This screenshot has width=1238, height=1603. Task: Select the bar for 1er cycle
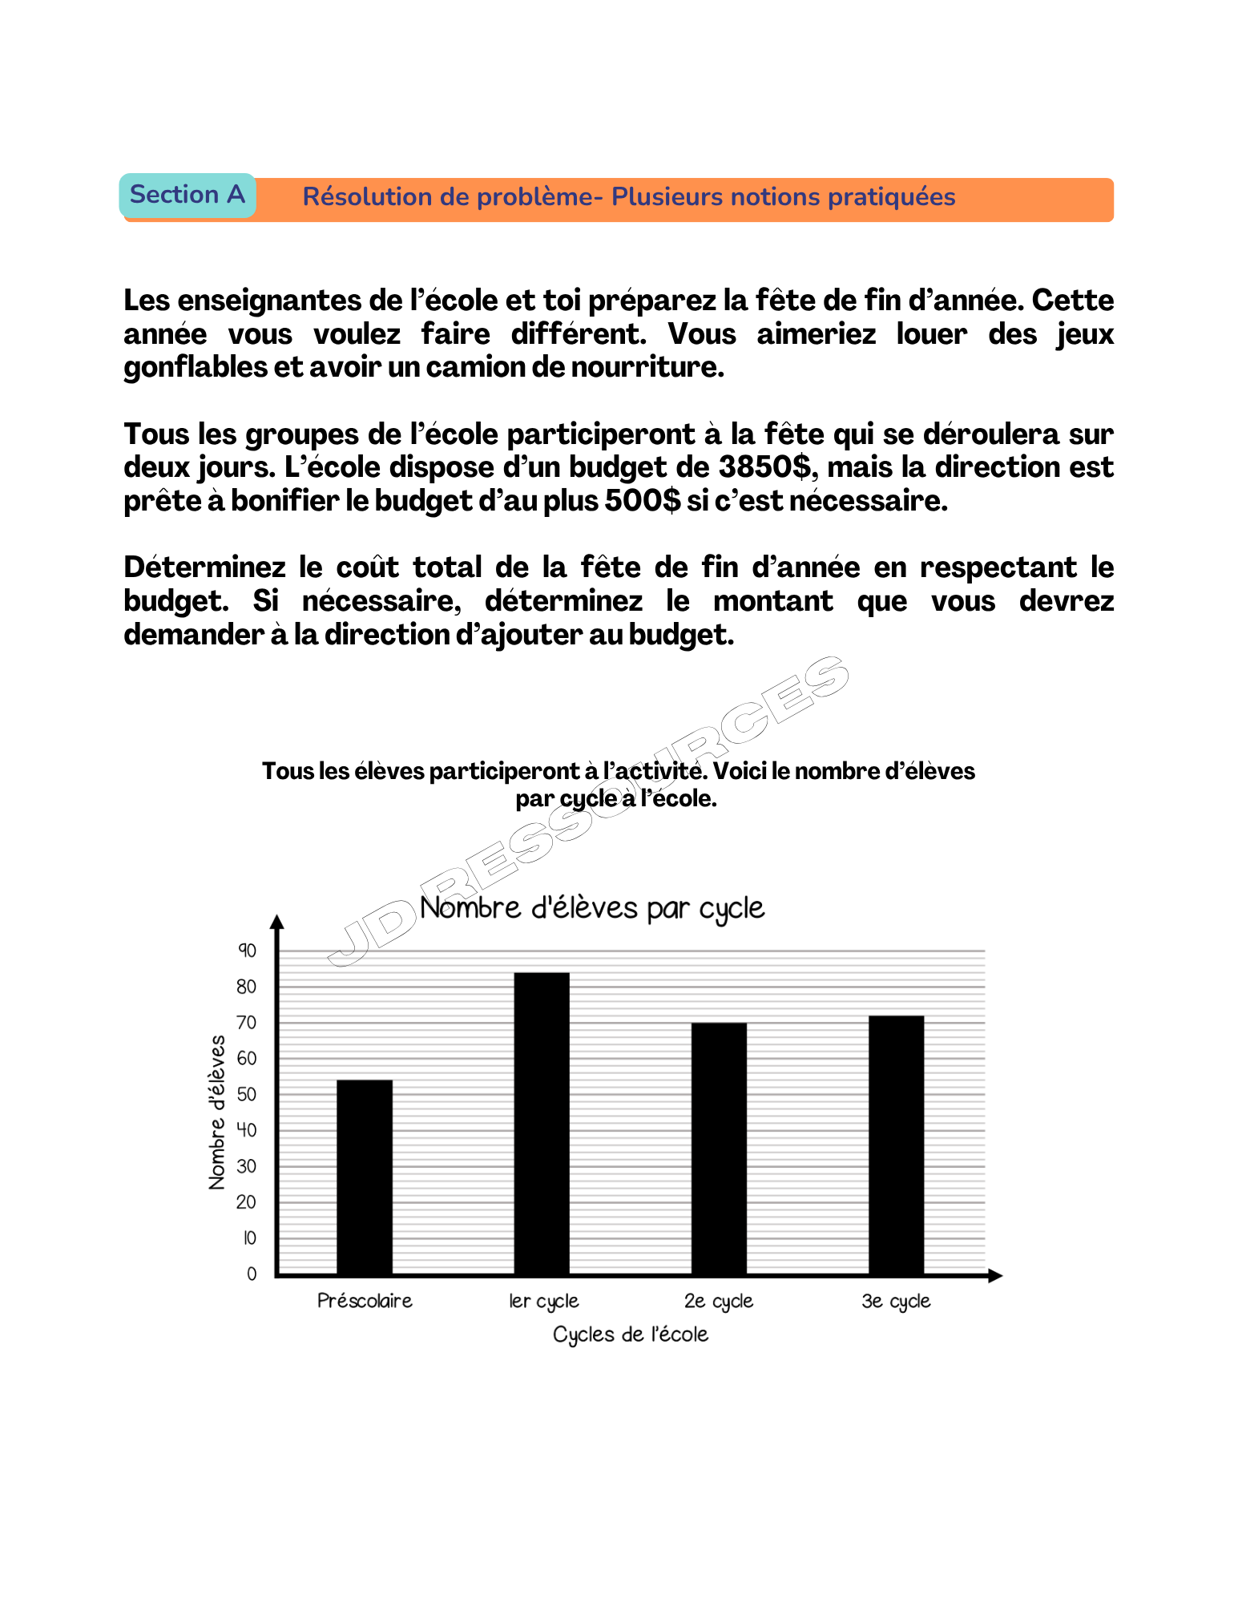(x=542, y=1123)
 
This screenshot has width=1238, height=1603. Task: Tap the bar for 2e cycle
(x=719, y=1148)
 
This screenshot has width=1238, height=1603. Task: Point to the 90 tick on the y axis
(x=247, y=951)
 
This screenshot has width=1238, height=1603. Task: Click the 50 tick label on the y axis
(x=247, y=1094)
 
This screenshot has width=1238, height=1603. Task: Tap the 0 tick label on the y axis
(x=252, y=1274)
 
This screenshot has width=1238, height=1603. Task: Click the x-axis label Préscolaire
(x=365, y=1301)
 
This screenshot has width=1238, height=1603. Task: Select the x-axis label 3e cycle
(x=896, y=1301)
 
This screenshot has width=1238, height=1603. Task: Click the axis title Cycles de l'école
(x=631, y=1334)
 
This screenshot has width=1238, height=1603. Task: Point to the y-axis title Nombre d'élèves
(x=216, y=1112)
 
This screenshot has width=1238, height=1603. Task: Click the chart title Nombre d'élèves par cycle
(x=592, y=908)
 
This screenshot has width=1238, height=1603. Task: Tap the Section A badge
(x=188, y=195)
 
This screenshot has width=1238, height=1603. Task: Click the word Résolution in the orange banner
(x=367, y=197)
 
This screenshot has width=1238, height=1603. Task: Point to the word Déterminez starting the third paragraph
(x=204, y=567)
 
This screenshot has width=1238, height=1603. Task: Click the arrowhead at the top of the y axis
(x=277, y=922)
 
